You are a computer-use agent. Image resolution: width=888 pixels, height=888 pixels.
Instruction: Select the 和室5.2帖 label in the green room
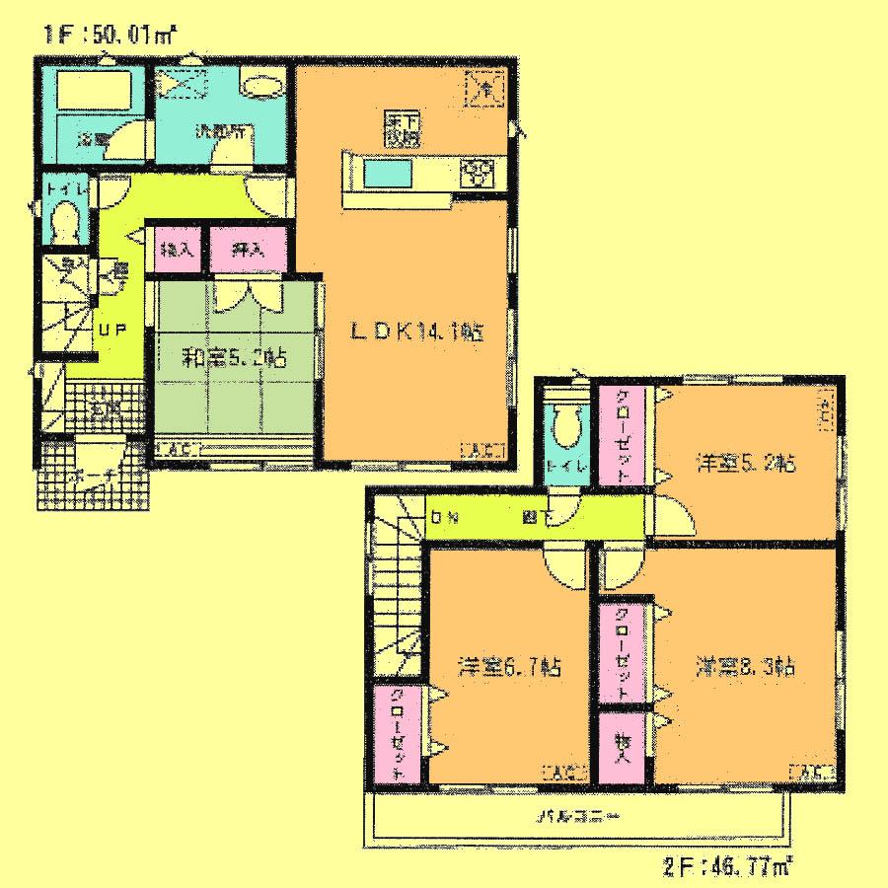click(233, 359)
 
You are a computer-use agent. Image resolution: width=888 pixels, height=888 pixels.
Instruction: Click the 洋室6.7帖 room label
click(510, 667)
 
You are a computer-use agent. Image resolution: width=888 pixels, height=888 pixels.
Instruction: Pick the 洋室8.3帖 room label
click(745, 667)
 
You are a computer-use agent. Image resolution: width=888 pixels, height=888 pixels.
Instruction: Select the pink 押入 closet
click(238, 249)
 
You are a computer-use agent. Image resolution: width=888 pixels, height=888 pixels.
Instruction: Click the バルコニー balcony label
click(578, 818)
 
